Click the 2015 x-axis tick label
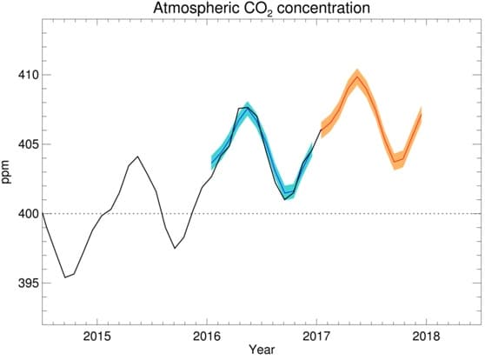[x=96, y=337]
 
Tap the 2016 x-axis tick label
[x=206, y=337]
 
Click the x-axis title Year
[x=261, y=350]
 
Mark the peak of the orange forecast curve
[x=357, y=77]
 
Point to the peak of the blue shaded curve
[x=248, y=109]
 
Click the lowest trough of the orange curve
[x=395, y=162]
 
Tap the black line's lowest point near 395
[x=65, y=277]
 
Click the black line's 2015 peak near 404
[x=137, y=157]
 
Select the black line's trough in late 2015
[x=175, y=248]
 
